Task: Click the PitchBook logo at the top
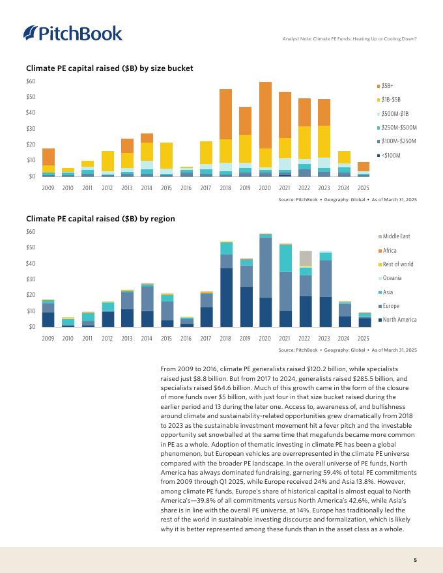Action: [72, 33]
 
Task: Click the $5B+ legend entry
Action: [388, 86]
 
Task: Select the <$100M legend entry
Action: [390, 155]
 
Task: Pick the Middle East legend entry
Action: [396, 236]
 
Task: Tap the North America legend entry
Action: [398, 319]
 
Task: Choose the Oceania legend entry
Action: [392, 278]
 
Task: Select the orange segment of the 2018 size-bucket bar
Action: [226, 114]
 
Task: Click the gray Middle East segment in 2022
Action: [305, 258]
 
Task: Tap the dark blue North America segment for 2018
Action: [226, 297]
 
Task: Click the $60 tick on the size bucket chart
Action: [31, 81]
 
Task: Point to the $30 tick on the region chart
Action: [31, 279]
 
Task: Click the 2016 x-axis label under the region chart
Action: [186, 339]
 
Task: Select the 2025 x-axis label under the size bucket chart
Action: [364, 189]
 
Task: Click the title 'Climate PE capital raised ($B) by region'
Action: [100, 219]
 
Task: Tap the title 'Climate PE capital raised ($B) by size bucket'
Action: [109, 68]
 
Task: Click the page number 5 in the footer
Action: [415, 559]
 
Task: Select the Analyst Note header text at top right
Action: [349, 38]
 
